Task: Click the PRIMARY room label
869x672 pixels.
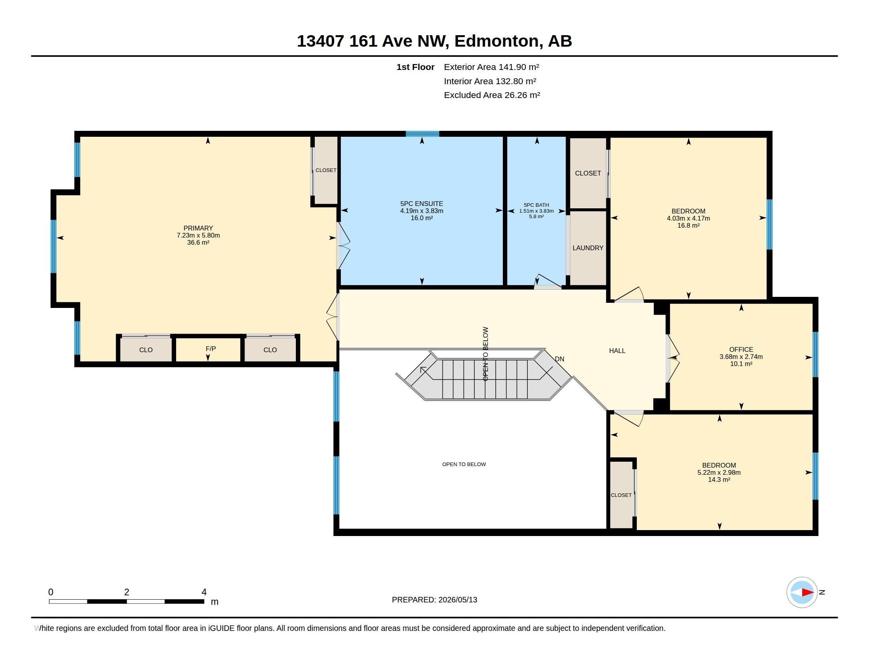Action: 198,228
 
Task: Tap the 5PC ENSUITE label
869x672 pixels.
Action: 422,204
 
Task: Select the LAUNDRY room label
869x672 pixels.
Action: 588,247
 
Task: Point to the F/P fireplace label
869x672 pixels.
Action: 211,349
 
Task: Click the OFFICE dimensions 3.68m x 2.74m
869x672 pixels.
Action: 741,357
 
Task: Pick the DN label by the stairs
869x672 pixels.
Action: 559,359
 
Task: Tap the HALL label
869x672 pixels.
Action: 617,351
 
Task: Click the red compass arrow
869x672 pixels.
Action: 807,592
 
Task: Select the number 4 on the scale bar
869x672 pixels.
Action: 204,592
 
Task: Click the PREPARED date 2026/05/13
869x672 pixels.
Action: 457,600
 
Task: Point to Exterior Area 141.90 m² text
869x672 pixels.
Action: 491,67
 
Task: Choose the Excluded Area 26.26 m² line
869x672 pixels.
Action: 492,95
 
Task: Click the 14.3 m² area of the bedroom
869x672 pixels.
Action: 719,480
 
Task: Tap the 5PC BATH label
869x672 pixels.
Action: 536,205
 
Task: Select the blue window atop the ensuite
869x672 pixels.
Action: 422,134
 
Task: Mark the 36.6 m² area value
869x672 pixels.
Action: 198,242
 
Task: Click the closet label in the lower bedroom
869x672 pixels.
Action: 621,495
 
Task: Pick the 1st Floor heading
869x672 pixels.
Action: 415,67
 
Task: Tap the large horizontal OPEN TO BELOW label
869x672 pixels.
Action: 464,464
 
